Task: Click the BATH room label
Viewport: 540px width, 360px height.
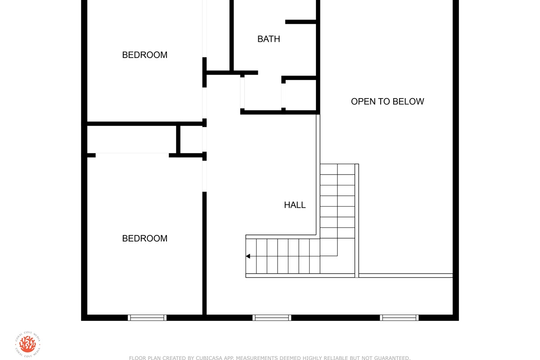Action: (x=269, y=39)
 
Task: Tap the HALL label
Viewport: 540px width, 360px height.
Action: (x=295, y=205)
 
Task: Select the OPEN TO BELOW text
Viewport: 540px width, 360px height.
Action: (x=387, y=102)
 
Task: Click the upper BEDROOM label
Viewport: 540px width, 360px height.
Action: (x=144, y=55)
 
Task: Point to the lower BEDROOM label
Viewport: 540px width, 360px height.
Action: (x=144, y=238)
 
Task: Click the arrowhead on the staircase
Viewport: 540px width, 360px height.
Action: (x=248, y=256)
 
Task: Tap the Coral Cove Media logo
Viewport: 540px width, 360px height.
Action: (x=27, y=344)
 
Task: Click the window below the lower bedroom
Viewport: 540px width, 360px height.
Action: (x=147, y=318)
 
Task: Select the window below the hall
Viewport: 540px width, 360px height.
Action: (x=272, y=318)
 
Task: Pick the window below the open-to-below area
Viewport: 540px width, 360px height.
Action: (x=399, y=318)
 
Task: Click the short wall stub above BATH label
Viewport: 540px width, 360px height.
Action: (x=301, y=22)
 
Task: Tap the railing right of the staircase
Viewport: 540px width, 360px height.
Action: (x=357, y=220)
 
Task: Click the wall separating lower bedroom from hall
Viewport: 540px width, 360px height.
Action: (x=204, y=253)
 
